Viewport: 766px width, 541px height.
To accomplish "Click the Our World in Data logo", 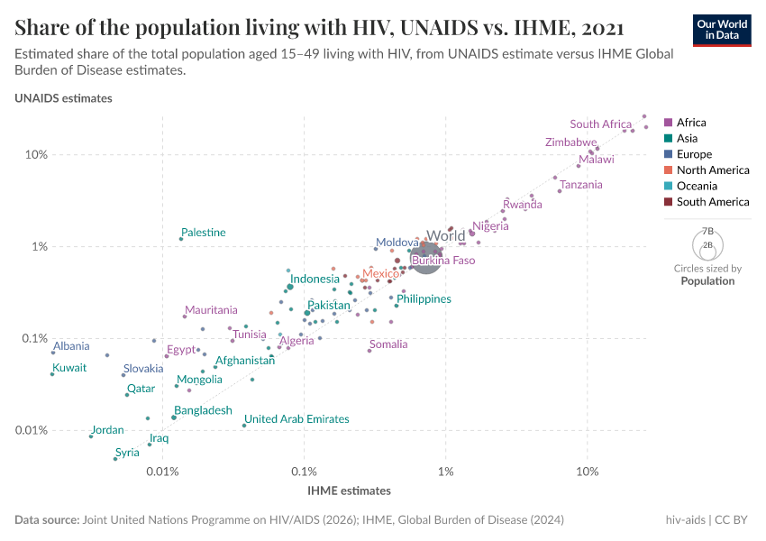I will point(721,29).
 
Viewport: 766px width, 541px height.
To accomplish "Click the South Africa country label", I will point(600,124).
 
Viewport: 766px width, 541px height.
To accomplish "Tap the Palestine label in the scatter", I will point(203,233).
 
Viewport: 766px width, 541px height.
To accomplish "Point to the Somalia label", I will point(388,344).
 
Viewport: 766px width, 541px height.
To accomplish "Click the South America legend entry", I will point(712,202).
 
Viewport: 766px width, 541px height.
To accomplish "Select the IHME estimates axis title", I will point(350,491).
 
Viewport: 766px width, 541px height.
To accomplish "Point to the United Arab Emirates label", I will point(296,419).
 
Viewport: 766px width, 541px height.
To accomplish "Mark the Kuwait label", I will point(69,368).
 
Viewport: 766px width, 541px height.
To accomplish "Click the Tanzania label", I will point(581,185).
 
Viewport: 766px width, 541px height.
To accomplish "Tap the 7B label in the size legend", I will point(707,232).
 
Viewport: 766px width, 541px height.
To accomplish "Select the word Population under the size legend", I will point(707,281).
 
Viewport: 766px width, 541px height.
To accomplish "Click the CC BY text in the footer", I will point(731,520).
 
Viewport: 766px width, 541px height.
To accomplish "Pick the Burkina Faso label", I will point(442,261).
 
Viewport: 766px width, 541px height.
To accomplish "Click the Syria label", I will point(127,453).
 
